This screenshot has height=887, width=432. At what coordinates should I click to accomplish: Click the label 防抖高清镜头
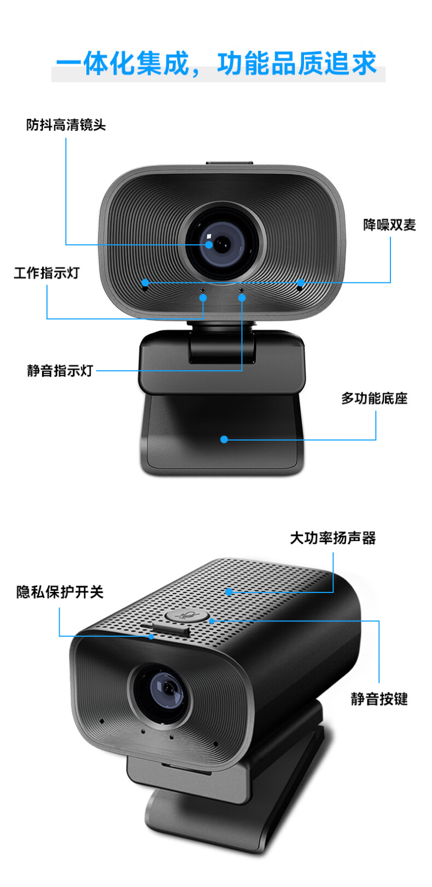(66, 125)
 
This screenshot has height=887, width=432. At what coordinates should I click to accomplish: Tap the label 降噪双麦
(390, 225)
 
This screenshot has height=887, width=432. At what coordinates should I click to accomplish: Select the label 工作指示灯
(46, 273)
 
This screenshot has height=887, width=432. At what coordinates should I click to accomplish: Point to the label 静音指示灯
(60, 371)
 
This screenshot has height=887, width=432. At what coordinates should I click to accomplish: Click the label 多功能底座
(374, 399)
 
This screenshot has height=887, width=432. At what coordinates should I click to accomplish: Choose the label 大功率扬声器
(332, 538)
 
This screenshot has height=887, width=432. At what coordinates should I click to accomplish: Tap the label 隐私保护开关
(60, 592)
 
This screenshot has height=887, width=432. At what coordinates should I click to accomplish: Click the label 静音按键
(379, 699)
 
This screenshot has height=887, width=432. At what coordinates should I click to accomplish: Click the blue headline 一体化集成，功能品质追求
(217, 64)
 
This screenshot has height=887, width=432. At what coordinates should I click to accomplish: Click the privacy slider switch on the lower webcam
(170, 629)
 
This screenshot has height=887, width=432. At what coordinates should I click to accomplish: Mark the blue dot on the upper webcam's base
(224, 439)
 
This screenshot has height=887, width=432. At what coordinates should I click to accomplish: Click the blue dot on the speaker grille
(229, 592)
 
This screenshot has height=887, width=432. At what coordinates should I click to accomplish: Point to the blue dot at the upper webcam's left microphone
(145, 283)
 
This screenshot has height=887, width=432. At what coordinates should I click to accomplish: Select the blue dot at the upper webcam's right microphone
(301, 283)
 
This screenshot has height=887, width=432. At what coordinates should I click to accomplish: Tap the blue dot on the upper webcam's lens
(209, 245)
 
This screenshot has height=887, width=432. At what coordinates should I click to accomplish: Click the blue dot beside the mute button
(212, 621)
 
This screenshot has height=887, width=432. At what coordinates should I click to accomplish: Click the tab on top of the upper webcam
(230, 163)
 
